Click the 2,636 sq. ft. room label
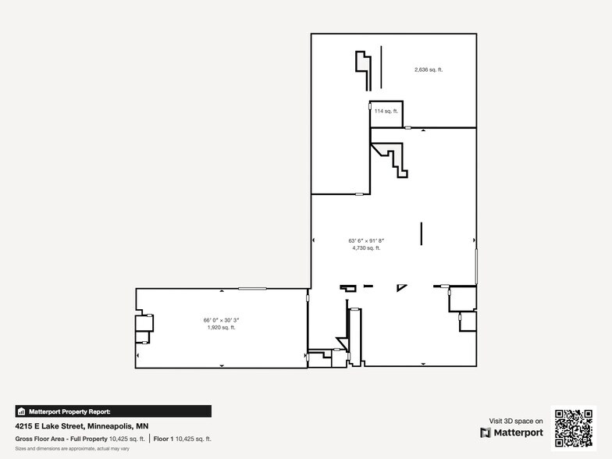pos(429,69)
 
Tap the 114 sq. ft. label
pos(386,111)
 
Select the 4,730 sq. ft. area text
pos(366,248)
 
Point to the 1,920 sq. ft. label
pos(221,328)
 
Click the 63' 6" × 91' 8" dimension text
pos(366,240)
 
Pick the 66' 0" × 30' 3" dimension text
pos(221,320)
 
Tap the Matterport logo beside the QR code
pos(511,432)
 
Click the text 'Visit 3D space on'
pos(516,421)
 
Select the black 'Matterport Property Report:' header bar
pos(113,411)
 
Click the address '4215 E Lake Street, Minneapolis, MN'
pos(82,426)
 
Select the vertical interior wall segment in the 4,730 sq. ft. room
pos(422,234)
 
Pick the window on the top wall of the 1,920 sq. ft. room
pos(252,289)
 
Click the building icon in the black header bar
pos(22,411)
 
